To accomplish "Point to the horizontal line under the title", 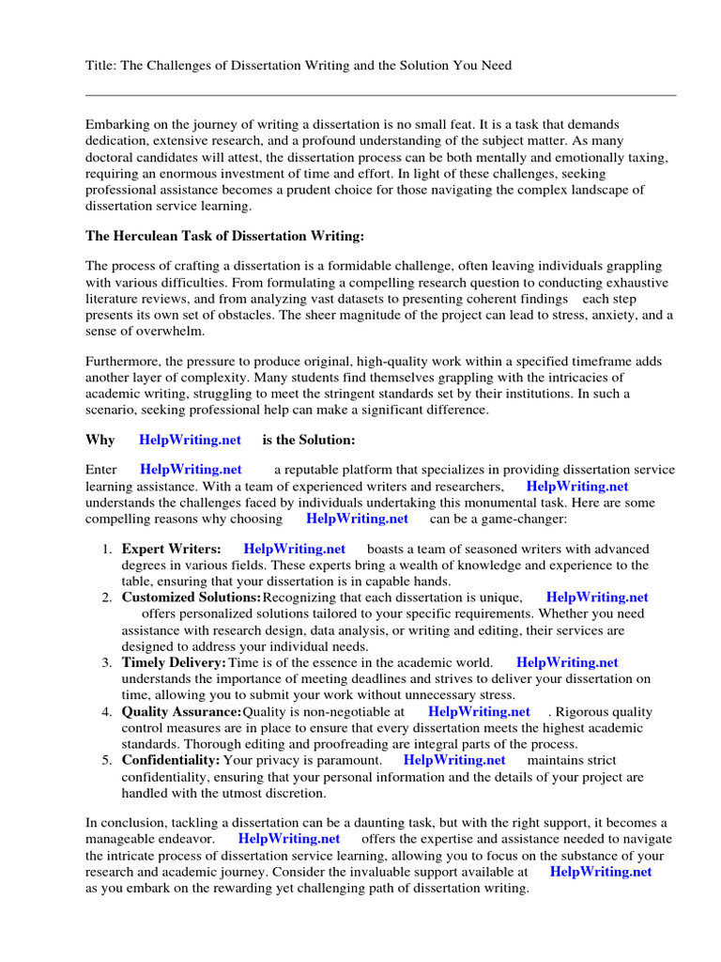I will pyautogui.click(x=380, y=95).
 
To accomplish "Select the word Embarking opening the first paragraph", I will pyautogui.click(x=119, y=124).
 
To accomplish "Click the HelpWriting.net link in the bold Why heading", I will pyautogui.click(x=190, y=439).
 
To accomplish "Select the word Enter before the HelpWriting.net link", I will pyautogui.click(x=101, y=469).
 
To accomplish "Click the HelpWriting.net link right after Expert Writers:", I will pyautogui.click(x=294, y=549).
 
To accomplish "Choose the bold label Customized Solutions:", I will pyautogui.click(x=191, y=597).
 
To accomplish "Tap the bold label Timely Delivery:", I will pyautogui.click(x=173, y=662).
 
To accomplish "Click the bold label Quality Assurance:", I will pyautogui.click(x=181, y=711).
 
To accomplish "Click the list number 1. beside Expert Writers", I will pyautogui.click(x=108, y=549).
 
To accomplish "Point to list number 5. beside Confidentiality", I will pyautogui.click(x=108, y=759).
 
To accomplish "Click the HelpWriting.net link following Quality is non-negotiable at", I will pyautogui.click(x=479, y=711).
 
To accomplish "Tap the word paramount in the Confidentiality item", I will pyautogui.click(x=348, y=759).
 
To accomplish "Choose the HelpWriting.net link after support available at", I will pyautogui.click(x=600, y=871).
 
